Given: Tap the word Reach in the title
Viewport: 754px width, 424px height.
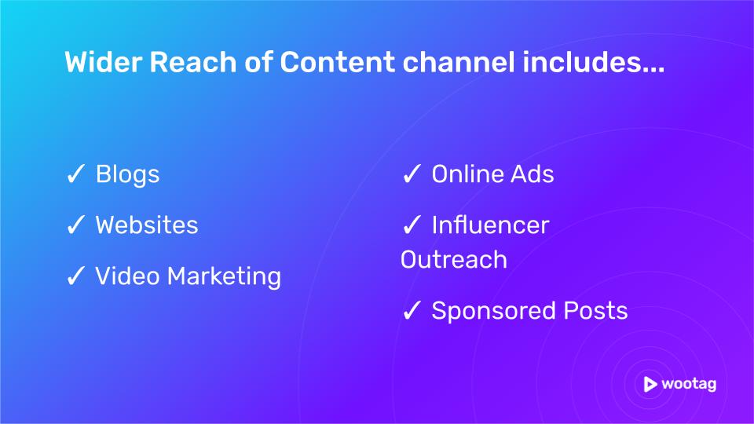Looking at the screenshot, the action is tap(193, 62).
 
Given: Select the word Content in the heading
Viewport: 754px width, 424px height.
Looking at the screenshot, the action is tap(338, 62).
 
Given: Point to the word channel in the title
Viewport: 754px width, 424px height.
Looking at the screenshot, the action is tap(459, 62).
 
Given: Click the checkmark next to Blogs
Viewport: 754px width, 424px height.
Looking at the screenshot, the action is tap(75, 174).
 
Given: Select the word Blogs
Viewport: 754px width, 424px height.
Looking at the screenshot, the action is tap(127, 175).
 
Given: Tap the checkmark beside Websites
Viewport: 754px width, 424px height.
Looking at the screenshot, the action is tap(75, 225).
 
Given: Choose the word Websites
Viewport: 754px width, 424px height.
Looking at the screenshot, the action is tap(147, 225).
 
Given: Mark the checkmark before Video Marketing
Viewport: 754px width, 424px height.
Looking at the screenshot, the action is tap(75, 276).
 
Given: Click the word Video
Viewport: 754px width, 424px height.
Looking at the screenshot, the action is tap(127, 276).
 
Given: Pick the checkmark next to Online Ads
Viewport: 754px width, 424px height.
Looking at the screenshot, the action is tap(412, 174).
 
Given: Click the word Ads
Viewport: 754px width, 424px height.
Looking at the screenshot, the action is tap(533, 174).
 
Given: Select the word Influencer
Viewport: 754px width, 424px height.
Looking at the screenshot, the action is tap(490, 225).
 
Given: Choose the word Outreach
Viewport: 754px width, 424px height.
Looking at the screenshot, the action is tap(454, 260).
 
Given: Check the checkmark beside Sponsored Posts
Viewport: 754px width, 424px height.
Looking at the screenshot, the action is tap(412, 311).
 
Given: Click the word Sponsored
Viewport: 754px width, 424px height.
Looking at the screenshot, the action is tap(493, 312).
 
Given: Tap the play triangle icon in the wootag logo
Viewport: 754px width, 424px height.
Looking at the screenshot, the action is tap(650, 384).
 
